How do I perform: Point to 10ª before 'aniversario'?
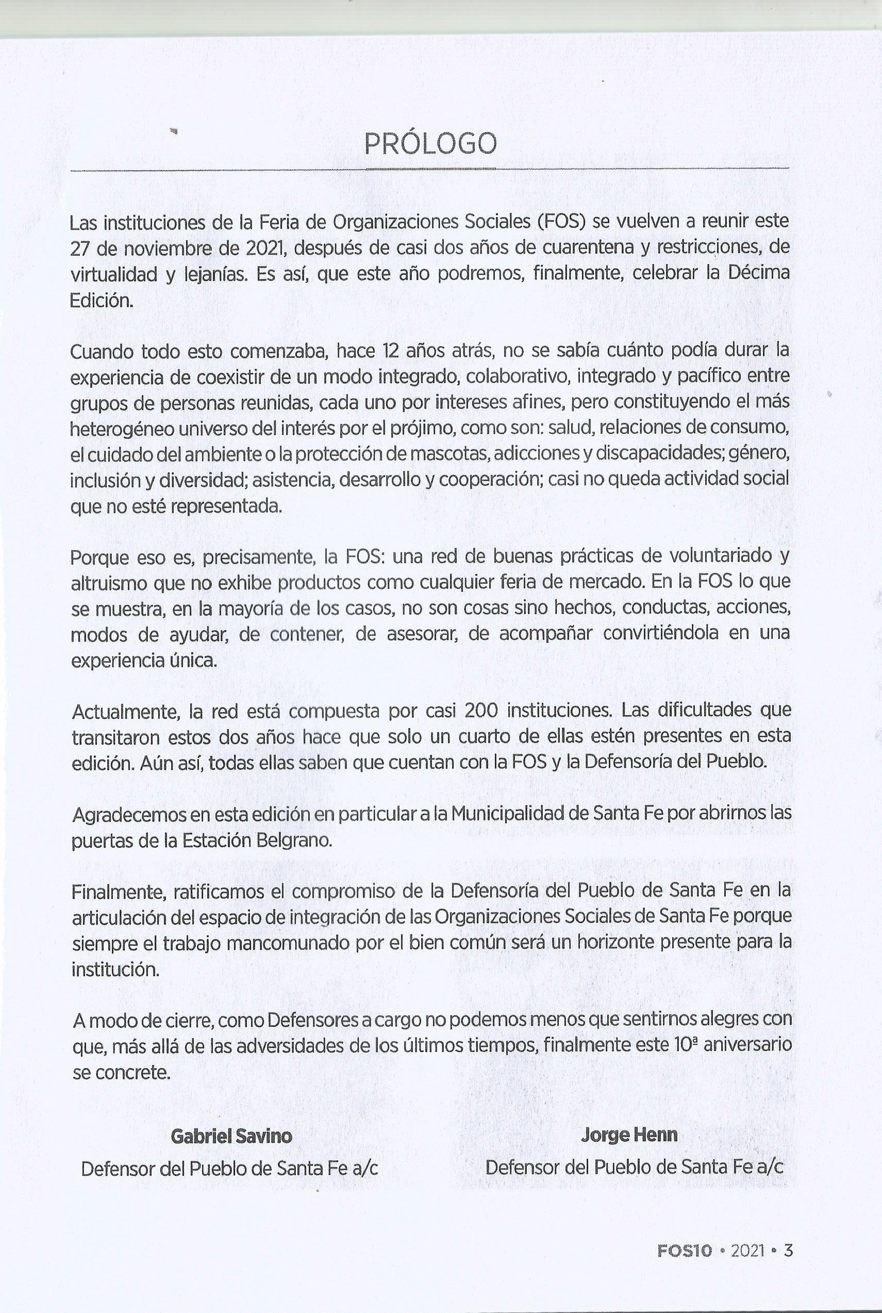tap(685, 1044)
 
